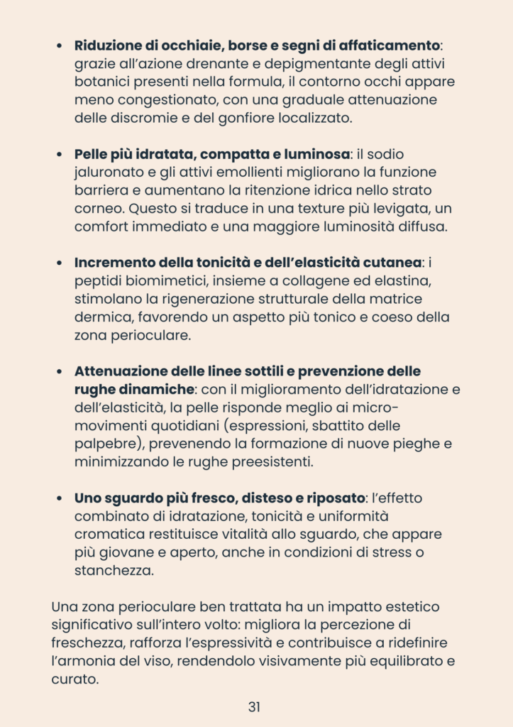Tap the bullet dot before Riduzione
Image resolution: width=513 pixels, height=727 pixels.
tap(60, 46)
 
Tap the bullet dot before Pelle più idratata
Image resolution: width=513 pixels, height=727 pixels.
tap(60, 154)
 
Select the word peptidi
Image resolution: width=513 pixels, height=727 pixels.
tap(96, 280)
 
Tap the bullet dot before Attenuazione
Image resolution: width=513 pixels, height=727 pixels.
tap(60, 371)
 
